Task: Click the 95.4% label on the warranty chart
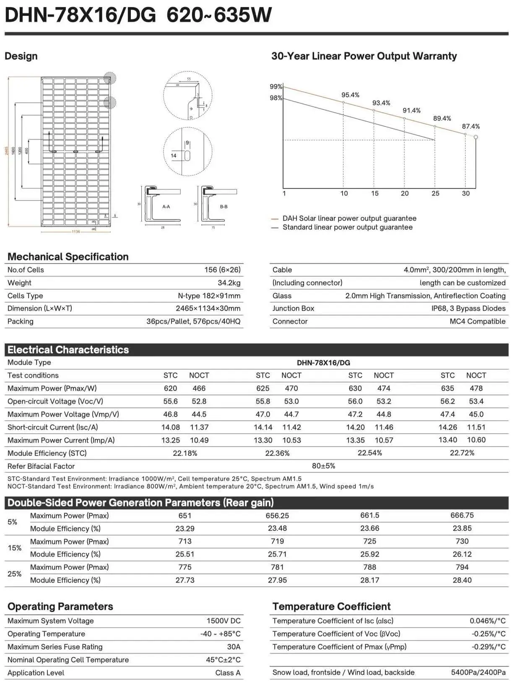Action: click(x=350, y=95)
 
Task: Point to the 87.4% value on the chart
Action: click(x=471, y=127)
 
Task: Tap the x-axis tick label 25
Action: click(x=435, y=194)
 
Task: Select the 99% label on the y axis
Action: click(x=276, y=87)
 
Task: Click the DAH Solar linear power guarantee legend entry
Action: click(x=349, y=219)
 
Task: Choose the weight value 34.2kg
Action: click(x=229, y=283)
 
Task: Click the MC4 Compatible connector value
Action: click(x=477, y=322)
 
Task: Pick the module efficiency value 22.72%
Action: click(x=462, y=453)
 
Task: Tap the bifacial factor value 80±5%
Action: click(x=323, y=466)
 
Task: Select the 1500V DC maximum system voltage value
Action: click(x=223, y=621)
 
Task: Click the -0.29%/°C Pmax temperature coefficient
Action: click(x=488, y=647)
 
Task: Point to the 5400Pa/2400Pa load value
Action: click(x=478, y=673)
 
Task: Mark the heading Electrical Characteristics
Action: click(x=68, y=350)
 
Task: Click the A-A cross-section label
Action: click(x=166, y=207)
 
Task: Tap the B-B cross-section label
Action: click(x=224, y=207)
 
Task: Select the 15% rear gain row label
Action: click(x=14, y=548)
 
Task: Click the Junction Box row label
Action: click(x=293, y=309)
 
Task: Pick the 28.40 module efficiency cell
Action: click(x=462, y=581)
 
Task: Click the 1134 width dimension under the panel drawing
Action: click(x=75, y=232)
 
